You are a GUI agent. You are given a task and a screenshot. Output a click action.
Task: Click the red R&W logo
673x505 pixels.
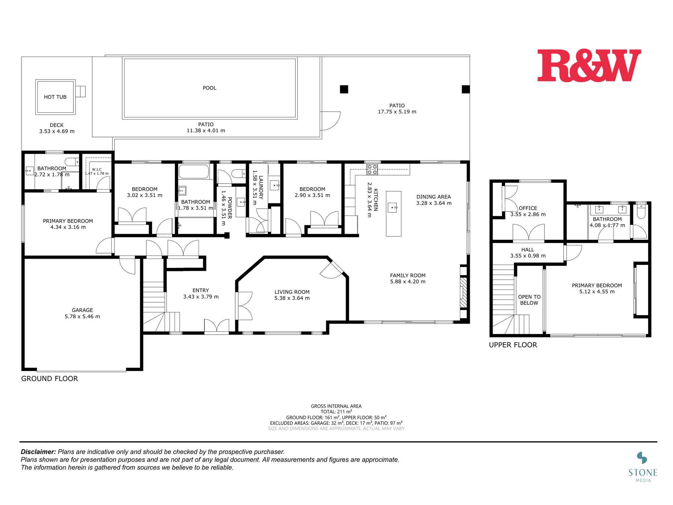coord(589,66)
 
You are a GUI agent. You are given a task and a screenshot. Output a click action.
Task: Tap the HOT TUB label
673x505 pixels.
coord(55,97)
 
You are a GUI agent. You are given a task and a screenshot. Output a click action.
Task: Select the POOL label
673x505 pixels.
coord(209,88)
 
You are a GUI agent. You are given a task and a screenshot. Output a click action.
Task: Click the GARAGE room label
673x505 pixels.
coord(82,310)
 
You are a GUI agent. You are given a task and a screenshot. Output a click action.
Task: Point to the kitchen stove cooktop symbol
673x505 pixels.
coord(372,169)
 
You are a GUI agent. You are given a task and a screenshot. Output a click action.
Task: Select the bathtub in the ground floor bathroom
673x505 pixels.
coord(194,172)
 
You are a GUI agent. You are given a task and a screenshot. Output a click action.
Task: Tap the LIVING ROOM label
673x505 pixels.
coord(292,292)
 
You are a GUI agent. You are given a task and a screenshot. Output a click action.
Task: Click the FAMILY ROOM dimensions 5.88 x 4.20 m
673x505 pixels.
coord(408,281)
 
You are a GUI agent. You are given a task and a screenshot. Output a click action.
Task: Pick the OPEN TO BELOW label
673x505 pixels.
coord(529,300)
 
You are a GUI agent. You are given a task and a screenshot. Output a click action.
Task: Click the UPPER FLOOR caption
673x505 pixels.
coord(513,345)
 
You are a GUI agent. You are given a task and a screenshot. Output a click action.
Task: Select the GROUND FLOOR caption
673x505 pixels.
coord(49,378)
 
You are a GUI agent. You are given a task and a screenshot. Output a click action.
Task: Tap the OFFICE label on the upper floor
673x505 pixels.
coord(528,208)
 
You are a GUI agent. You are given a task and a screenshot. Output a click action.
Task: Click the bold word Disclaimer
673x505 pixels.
coord(38,452)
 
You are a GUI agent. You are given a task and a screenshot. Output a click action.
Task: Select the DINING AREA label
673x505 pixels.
coord(433,197)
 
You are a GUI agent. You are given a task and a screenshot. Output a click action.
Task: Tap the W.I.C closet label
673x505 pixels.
coord(97,169)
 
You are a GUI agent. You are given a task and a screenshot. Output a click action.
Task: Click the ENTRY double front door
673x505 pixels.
coord(217,326)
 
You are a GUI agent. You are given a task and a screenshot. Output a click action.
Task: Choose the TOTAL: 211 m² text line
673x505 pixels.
coord(336,411)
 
